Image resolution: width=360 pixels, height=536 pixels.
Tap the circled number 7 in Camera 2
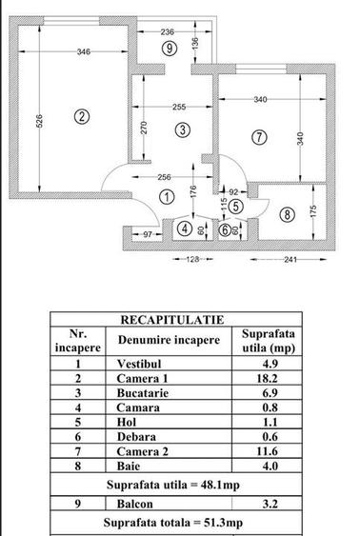pyautogui.click(x=259, y=137)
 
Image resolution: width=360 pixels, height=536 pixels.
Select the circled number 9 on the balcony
pyautogui.click(x=169, y=47)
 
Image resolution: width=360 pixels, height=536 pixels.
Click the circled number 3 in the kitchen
pyautogui.click(x=181, y=129)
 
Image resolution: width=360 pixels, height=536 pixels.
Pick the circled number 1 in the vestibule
pyautogui.click(x=167, y=197)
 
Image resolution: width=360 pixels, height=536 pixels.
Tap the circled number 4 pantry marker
pyautogui.click(x=185, y=228)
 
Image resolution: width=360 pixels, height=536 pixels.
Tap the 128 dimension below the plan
pyautogui.click(x=193, y=258)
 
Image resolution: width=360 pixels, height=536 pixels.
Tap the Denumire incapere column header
pyautogui.click(x=170, y=340)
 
